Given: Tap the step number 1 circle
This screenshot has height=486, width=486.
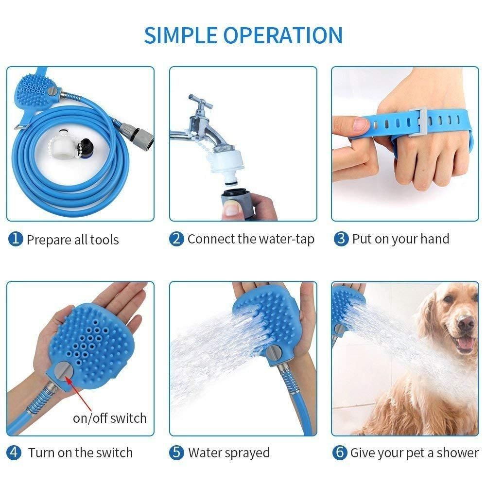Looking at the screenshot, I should (x=16, y=239).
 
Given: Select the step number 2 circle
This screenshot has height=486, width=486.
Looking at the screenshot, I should (x=177, y=239).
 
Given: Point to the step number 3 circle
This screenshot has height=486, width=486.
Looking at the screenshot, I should (x=342, y=239).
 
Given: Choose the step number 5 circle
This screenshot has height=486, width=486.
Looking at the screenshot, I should (x=177, y=452).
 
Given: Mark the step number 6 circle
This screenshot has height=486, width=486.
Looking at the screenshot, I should (x=340, y=452).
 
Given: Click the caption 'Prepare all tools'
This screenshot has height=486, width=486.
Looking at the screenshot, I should (x=72, y=239).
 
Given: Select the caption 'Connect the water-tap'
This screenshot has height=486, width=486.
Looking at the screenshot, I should (x=251, y=239).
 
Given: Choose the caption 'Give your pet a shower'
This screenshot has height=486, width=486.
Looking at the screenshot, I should (x=414, y=452).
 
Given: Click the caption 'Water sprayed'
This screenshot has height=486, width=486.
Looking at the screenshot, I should (x=229, y=452).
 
